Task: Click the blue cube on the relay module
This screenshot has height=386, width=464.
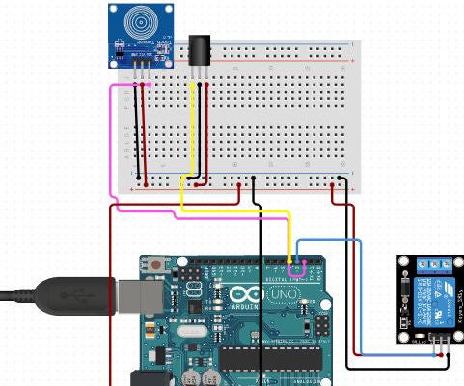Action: click(427, 295)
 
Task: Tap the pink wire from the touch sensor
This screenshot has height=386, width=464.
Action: click(113, 145)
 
